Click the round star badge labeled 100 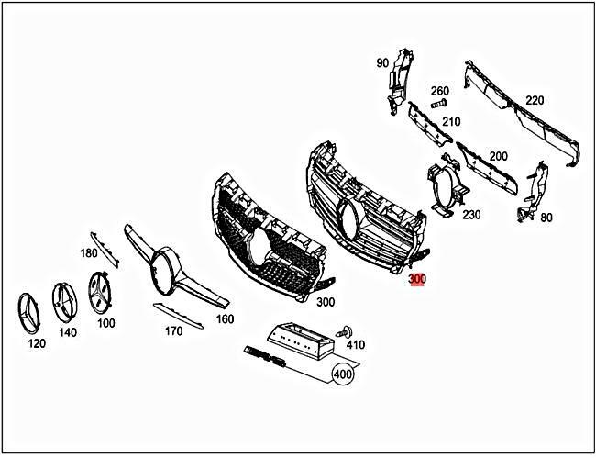tap(105, 292)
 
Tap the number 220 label tap(535, 101)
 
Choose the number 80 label tap(546, 218)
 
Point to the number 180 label tap(89, 252)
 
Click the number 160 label tap(224, 318)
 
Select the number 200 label tap(498, 156)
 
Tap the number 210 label tap(450, 122)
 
